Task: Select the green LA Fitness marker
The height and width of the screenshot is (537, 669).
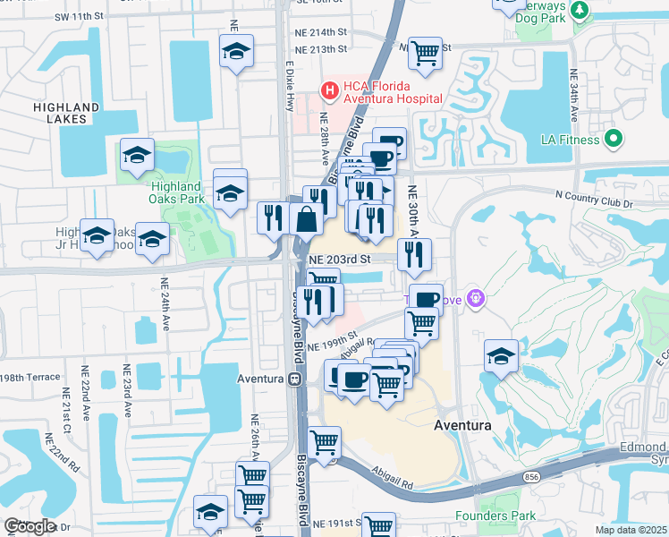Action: click(x=613, y=139)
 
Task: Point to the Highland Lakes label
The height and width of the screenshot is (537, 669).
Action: click(x=66, y=113)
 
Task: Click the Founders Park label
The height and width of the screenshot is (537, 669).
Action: click(x=495, y=516)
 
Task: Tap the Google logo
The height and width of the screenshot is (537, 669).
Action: click(x=29, y=526)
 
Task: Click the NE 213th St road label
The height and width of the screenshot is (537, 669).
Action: click(x=320, y=49)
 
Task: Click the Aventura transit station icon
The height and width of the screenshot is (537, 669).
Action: click(x=293, y=379)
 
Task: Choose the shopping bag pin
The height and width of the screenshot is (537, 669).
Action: click(x=306, y=218)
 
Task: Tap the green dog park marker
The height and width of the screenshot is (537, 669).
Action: click(x=580, y=10)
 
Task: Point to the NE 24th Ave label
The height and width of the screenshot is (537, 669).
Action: click(x=165, y=304)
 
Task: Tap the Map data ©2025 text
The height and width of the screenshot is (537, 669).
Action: click(x=631, y=530)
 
